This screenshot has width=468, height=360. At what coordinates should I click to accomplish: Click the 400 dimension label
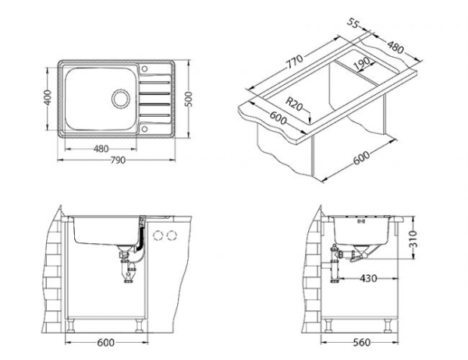coord(48,97)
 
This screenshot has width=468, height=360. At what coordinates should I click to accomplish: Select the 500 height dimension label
coord(189,99)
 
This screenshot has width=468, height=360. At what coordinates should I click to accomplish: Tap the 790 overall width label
coord(118,161)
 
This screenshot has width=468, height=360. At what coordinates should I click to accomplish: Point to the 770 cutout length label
coord(295,62)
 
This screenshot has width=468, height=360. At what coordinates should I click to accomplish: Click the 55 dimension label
coord(353,23)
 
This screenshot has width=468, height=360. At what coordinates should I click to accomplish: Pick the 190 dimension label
coord(362,63)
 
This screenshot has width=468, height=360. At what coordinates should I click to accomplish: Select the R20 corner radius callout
coord(294,104)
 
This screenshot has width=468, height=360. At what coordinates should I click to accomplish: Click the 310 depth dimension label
coord(413,238)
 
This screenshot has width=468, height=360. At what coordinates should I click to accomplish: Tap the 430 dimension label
coord(368,279)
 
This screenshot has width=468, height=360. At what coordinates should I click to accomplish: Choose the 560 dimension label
coord(361,342)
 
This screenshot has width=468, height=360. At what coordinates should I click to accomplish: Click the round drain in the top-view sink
coord(121,99)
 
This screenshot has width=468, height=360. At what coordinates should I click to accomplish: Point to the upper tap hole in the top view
coord(145,69)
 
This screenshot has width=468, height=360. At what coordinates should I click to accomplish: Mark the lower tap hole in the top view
coord(145,129)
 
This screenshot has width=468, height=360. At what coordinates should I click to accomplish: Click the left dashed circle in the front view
coord(158,235)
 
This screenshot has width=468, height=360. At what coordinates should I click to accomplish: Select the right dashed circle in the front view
coord(172,235)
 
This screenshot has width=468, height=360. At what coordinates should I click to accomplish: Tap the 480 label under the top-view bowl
coord(101,149)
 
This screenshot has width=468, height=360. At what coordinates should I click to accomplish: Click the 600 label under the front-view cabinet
coord(106,342)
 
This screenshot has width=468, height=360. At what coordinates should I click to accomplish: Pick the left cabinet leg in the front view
coord(71,326)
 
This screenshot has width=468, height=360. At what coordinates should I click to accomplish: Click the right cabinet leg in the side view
coord(388,326)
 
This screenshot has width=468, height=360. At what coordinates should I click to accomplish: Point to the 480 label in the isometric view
coord(395,47)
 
